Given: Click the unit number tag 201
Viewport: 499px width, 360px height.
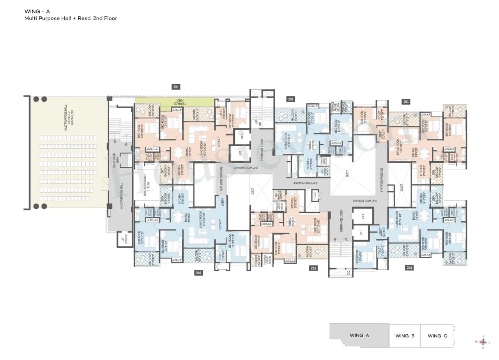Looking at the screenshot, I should (176, 86).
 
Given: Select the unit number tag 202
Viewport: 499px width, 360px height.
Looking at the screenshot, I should (290, 99).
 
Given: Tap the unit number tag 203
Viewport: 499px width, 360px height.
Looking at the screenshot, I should (406, 102).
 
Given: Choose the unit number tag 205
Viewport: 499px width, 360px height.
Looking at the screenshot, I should (313, 268).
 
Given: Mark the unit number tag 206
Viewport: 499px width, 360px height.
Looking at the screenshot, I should (199, 273).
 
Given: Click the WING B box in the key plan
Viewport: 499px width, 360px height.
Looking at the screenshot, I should (404, 335).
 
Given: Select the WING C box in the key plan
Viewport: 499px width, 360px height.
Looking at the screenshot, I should (437, 335).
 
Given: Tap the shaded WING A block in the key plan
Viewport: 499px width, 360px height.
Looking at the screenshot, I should (359, 335).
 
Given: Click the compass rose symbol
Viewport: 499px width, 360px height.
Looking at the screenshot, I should (483, 342).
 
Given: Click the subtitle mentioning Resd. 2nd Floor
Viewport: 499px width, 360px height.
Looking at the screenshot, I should (71, 18).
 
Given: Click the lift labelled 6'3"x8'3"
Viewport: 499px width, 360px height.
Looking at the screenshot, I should (124, 239).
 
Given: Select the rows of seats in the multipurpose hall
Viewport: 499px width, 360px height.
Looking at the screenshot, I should (68, 168).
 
